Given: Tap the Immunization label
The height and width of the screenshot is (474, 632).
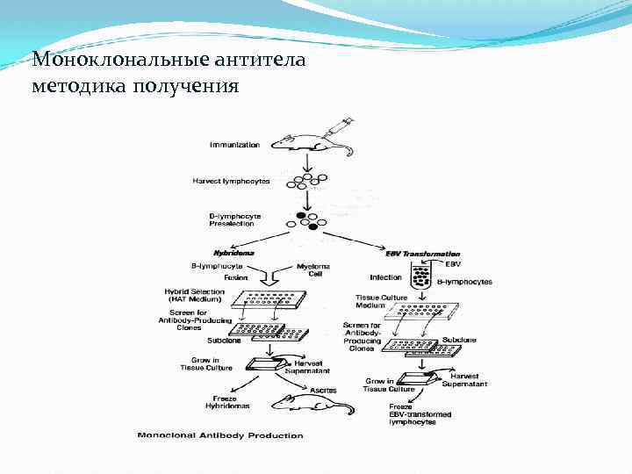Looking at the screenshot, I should [x=234, y=144].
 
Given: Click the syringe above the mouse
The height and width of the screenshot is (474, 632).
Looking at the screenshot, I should [x=338, y=127].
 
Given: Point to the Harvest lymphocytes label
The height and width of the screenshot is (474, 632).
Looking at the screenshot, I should [x=232, y=181].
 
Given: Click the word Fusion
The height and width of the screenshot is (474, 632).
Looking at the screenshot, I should [x=236, y=277].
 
